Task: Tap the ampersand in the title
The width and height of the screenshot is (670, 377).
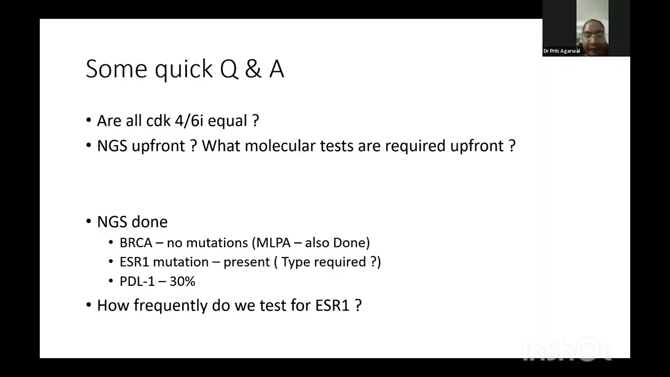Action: tap(253, 70)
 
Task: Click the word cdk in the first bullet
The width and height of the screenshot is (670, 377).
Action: tap(159, 121)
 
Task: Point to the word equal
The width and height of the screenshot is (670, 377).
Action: tap(228, 121)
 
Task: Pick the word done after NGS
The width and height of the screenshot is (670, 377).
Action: tap(149, 222)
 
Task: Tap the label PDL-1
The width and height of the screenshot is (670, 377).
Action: tap(136, 282)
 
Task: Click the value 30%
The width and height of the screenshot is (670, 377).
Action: tap(182, 282)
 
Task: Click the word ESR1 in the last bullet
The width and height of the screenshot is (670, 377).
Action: tap(332, 305)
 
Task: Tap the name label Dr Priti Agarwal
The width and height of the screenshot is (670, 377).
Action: tap(562, 51)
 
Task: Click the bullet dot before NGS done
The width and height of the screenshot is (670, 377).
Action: tap(88, 221)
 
